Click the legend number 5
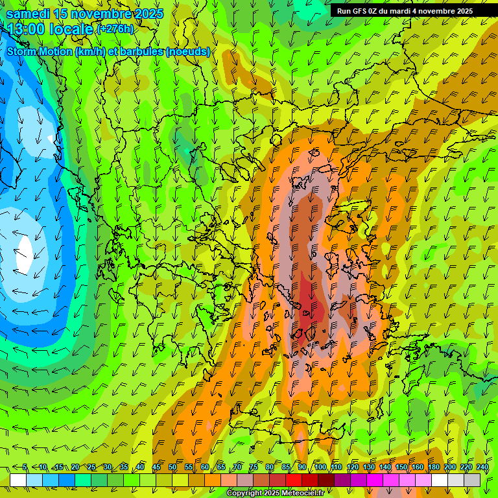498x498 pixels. (x=25, y=467)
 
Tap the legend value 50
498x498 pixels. (x=172, y=467)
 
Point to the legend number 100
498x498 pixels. (x=320, y=467)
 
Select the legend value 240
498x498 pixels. (x=482, y=467)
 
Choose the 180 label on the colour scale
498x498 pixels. (x=434, y=467)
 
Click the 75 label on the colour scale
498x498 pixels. (x=254, y=467)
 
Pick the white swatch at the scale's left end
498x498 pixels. (x=18, y=480)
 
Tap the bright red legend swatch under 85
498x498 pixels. (x=294, y=480)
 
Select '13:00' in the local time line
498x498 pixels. (x=25, y=29)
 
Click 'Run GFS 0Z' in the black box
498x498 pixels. (x=361, y=11)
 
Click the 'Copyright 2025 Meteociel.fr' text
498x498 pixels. (x=275, y=493)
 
